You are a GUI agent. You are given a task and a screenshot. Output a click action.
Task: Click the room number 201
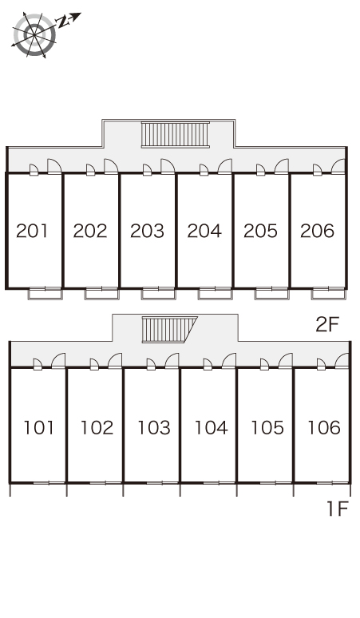(32, 231)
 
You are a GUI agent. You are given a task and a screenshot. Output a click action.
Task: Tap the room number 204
(204, 231)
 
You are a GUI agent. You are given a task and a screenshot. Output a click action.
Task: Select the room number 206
(317, 231)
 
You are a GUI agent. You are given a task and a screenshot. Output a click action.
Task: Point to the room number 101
(38, 428)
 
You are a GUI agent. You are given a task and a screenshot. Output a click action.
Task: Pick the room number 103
(153, 428)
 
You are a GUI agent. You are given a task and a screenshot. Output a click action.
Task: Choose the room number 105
(267, 428)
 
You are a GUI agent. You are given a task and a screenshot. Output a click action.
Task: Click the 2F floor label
(327, 324)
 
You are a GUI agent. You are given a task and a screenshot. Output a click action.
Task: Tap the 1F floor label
(338, 509)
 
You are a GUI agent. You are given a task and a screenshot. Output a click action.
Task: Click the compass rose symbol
(34, 35)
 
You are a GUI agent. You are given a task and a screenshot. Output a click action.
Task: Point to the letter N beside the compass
(63, 22)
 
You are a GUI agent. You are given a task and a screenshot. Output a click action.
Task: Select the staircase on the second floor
(176, 135)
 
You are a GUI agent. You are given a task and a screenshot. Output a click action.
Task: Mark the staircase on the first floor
(169, 330)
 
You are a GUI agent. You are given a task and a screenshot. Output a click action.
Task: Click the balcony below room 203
(158, 294)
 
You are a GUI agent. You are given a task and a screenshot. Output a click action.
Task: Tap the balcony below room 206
(329, 294)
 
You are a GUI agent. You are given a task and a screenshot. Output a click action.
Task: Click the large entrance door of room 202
(111, 166)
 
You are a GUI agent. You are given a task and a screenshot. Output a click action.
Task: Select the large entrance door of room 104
(229, 361)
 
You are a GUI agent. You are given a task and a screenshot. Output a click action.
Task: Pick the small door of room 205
(261, 170)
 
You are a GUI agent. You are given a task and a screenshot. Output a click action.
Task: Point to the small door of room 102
(94, 365)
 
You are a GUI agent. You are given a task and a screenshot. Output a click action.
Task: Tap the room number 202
(90, 231)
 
